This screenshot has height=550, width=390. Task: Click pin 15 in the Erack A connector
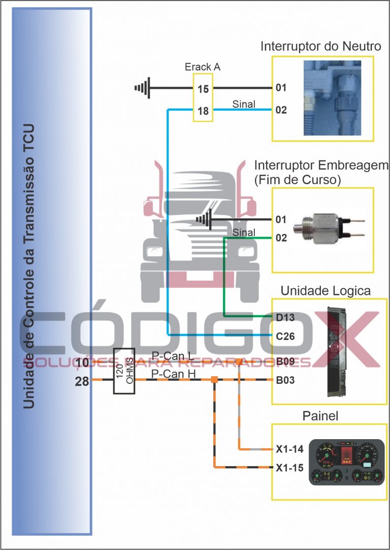pyautogui.click(x=203, y=89)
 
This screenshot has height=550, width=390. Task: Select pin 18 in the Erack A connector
pyautogui.click(x=203, y=111)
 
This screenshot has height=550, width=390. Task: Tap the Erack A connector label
pyautogui.click(x=203, y=67)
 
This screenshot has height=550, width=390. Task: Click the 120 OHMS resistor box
pyautogui.click(x=123, y=371)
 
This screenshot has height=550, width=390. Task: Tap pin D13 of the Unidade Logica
pyautogui.click(x=286, y=318)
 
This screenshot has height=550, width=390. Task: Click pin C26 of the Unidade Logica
pyautogui.click(x=286, y=336)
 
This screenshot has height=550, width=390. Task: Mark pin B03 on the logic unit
pyautogui.click(x=286, y=380)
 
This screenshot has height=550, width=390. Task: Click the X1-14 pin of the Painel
pyautogui.click(x=289, y=449)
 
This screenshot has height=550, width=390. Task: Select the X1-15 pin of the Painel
pyautogui.click(x=289, y=467)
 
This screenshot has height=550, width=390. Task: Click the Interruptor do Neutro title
pyautogui.click(x=321, y=47)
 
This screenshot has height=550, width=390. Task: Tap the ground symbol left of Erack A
pyautogui.click(x=143, y=88)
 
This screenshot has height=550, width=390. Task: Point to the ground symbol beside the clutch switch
pyautogui.click(x=204, y=220)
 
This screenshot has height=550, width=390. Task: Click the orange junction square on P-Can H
pyautogui.click(x=214, y=380)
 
